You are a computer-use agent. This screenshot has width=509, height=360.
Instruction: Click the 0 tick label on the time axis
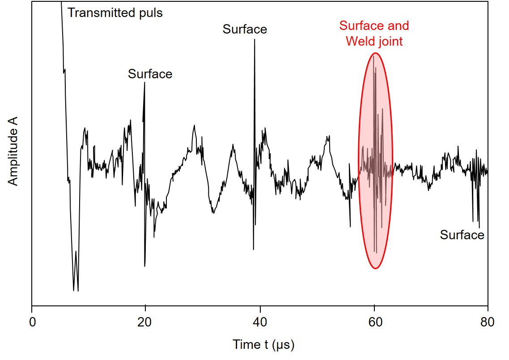[x=32, y=322]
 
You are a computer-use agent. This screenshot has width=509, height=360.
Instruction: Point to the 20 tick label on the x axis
[x=145, y=322]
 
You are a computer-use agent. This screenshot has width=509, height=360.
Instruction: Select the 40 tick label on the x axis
[x=259, y=322]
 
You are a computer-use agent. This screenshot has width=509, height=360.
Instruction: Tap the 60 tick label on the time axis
[x=374, y=322]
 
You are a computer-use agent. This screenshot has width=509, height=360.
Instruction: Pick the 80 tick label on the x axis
[x=488, y=322]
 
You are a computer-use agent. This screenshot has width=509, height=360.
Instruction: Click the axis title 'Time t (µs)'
[x=264, y=345]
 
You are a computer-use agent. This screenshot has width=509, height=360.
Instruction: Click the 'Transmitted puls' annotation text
[x=115, y=13]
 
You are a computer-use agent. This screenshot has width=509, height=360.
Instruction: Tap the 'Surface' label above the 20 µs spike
[x=150, y=74]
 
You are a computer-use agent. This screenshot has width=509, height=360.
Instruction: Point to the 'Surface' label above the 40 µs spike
[x=245, y=30]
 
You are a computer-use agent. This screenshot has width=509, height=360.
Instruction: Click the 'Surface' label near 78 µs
[x=462, y=235]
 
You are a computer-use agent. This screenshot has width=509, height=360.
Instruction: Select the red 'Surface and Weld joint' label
[x=374, y=33]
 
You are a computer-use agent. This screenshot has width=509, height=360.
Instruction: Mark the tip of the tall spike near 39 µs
[x=254, y=39]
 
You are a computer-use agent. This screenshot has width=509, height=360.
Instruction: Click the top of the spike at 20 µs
[x=144, y=82]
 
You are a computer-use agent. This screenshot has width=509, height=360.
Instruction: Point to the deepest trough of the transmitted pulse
[x=78, y=291]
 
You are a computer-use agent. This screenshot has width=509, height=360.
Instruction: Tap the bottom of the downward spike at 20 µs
[x=144, y=267]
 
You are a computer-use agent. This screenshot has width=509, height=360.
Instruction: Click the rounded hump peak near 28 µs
[x=194, y=125]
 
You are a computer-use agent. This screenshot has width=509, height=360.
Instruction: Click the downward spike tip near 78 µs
[x=479, y=227]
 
